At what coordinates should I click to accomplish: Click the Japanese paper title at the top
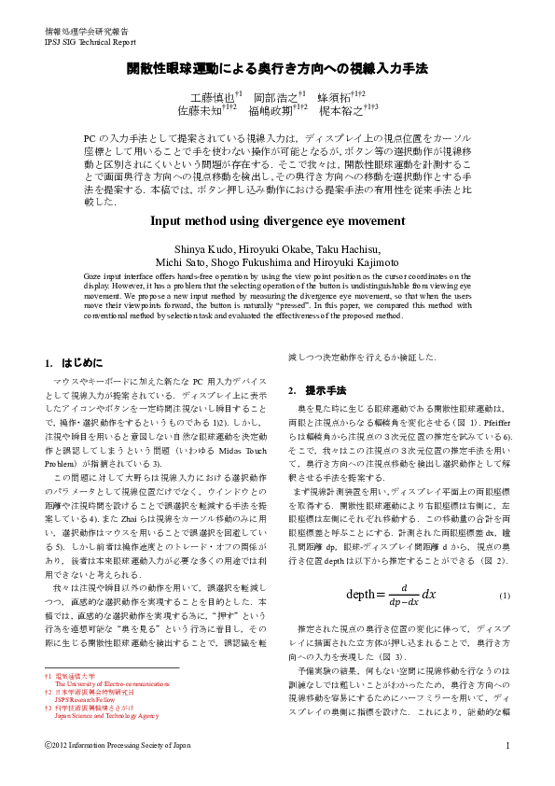tap(277, 69)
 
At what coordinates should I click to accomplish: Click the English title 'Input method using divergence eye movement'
tap(277, 221)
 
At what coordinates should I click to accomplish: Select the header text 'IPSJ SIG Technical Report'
tap(83, 42)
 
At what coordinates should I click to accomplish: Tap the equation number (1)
tap(505, 622)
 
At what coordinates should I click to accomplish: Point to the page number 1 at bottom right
tap(506, 745)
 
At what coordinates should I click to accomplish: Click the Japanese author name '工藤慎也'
tap(213, 96)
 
